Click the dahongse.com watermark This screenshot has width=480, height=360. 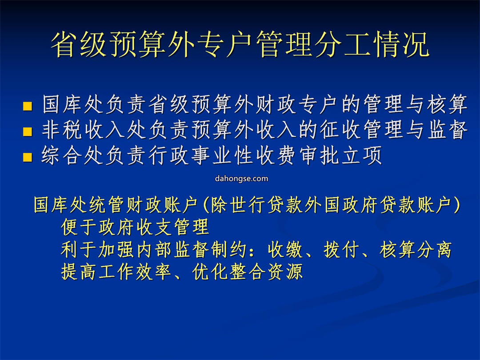click(241, 179)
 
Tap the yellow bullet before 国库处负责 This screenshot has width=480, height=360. click(28, 106)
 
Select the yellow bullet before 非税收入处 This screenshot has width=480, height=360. click(28, 131)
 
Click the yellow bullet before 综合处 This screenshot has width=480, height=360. click(28, 157)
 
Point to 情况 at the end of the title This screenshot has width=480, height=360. click(401, 45)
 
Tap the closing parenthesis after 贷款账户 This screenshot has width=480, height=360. click(456, 204)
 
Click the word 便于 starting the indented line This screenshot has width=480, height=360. click(79, 227)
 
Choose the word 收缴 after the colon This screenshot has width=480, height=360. click(285, 249)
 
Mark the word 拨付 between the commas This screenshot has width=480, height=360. click(341, 249)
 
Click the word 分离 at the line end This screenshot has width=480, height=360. click(434, 249)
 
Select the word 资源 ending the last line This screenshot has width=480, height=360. click(285, 272)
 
